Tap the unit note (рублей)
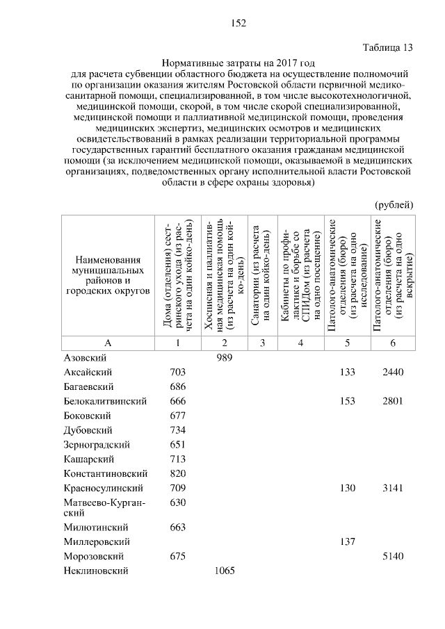[x=394, y=204]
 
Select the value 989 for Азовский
[x=224, y=357]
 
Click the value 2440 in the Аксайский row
[x=393, y=372]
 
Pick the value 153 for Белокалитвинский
[x=347, y=401]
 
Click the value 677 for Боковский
[x=177, y=416]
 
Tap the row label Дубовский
[x=88, y=430]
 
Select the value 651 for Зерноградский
[x=177, y=445]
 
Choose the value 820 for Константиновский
[x=177, y=474]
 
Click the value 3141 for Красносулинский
[x=393, y=489]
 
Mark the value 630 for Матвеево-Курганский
[x=177, y=503]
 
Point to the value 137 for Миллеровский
[x=347, y=541]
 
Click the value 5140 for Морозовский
[x=393, y=556]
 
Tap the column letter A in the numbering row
[x=107, y=343]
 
